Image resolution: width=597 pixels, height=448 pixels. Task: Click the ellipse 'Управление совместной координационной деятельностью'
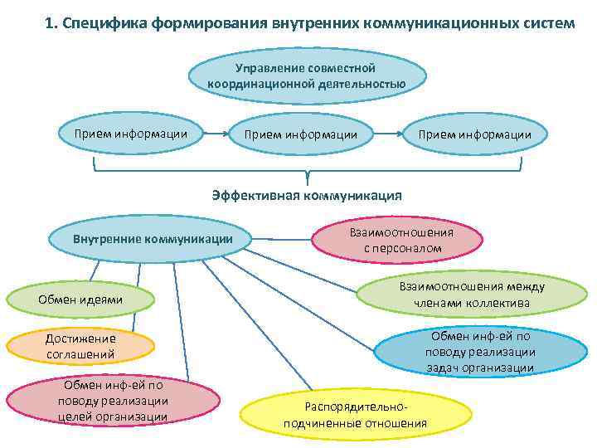click(x=306, y=75)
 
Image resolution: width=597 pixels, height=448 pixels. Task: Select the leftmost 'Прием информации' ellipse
click(x=131, y=134)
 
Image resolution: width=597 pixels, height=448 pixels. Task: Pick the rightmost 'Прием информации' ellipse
click(x=475, y=134)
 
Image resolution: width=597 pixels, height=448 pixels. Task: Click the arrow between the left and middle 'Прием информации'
click(x=217, y=134)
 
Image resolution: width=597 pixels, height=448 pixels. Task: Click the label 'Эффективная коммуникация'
click(x=307, y=196)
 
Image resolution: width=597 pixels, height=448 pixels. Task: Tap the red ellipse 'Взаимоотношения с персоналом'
click(x=396, y=240)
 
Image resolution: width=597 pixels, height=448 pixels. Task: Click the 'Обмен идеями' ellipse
click(x=80, y=299)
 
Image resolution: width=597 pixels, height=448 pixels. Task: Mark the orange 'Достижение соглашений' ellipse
click(x=80, y=347)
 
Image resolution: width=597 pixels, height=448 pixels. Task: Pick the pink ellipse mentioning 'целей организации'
click(x=113, y=402)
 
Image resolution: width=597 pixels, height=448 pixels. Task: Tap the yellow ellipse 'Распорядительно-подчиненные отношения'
click(x=355, y=416)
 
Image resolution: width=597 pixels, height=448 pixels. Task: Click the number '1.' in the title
click(x=52, y=22)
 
